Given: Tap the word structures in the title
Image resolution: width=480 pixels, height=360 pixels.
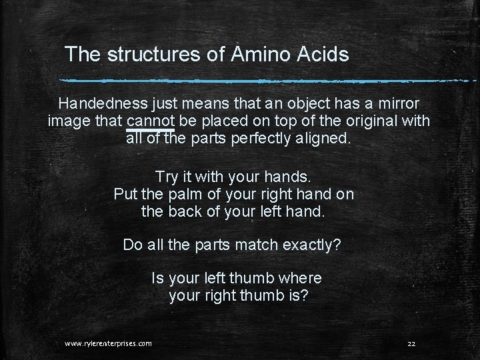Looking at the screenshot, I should coord(153,55).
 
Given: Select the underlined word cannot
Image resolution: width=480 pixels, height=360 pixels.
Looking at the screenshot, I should coord(150,122).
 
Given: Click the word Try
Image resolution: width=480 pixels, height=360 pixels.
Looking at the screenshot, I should coord(166,177).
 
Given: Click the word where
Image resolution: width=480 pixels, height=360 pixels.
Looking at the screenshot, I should coord(298,277).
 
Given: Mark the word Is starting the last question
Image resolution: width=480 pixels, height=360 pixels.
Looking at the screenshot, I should coord(158,277).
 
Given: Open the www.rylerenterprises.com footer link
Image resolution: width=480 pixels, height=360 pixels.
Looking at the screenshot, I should coord(108,343).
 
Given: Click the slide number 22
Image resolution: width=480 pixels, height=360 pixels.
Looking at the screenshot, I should coord(411,343).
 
